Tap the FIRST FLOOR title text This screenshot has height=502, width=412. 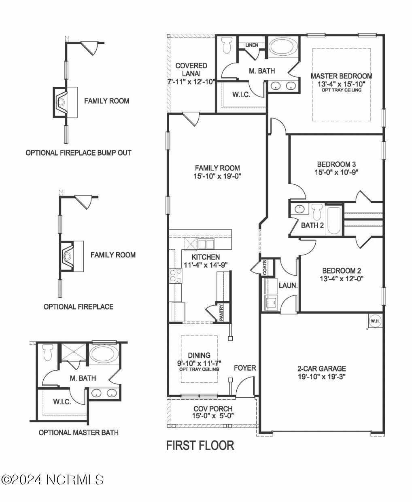click(200, 445)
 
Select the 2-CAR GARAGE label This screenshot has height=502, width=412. click(321, 368)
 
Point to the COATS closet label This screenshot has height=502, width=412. click(265, 267)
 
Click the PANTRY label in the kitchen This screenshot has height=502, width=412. click(221, 312)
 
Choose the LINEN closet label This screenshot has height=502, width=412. click(252, 45)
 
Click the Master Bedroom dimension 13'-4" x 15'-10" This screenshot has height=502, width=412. click(341, 84)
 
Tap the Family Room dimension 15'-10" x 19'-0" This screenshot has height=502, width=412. click(217, 176)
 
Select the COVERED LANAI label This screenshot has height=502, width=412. click(191, 69)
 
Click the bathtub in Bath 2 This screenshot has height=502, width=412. click(334, 220)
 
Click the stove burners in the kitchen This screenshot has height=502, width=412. click(175, 275)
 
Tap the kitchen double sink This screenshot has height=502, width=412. click(206, 244)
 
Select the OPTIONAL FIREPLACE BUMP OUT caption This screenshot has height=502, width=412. click(79, 153)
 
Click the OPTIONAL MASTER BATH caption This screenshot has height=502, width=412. click(79, 432)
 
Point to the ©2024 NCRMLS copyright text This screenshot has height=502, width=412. click(52, 480)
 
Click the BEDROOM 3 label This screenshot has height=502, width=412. click(336, 164)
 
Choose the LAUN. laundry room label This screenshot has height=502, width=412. click(288, 285)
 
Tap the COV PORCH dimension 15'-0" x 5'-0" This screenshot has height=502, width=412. click(212, 416)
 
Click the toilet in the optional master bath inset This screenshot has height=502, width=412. click(48, 352)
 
